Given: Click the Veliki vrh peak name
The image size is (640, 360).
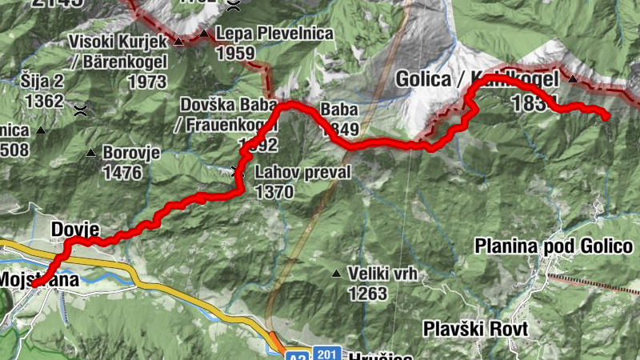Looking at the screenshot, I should [383, 274].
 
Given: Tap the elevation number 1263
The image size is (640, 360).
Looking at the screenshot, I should [367, 294].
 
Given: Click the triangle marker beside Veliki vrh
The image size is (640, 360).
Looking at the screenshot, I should [336, 274].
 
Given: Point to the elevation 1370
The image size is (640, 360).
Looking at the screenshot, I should [274, 192].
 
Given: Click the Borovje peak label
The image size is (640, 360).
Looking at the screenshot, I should [132, 152].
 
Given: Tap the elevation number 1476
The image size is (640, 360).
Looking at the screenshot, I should [122, 172].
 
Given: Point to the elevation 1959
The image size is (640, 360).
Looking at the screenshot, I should [235, 54].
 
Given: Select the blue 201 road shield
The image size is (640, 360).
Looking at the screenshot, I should [326, 353].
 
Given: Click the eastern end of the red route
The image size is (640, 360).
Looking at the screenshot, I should [606, 117].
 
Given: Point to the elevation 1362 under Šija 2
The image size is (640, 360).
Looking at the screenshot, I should [43, 102].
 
